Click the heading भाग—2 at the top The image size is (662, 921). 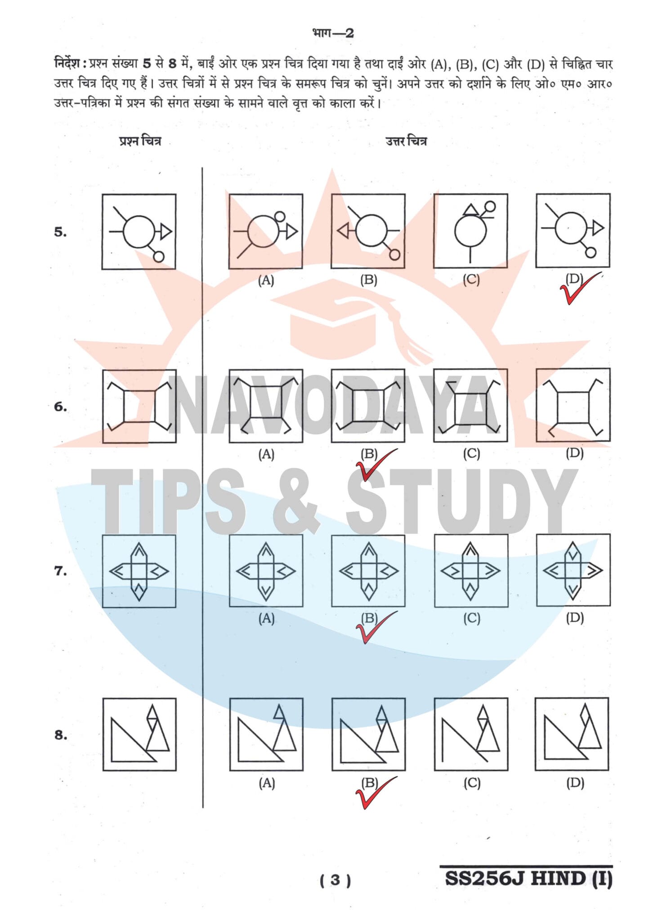[x=333, y=33]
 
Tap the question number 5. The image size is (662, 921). [x=60, y=232]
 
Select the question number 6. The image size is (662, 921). [x=60, y=407]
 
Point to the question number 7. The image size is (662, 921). [x=60, y=571]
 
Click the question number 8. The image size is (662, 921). [x=60, y=735]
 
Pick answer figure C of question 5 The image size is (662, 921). [x=470, y=231]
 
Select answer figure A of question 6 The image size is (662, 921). [x=266, y=406]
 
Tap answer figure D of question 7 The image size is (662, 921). [x=573, y=570]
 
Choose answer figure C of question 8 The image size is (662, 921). [x=471, y=734]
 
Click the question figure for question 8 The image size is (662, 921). [x=139, y=734]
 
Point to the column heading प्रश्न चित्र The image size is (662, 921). [x=140, y=141]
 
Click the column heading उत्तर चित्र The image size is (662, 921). [x=406, y=141]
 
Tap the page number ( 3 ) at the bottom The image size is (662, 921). [x=335, y=880]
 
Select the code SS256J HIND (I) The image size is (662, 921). [x=528, y=878]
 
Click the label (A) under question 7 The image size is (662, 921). [x=266, y=618]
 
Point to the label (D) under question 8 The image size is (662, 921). [x=575, y=783]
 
